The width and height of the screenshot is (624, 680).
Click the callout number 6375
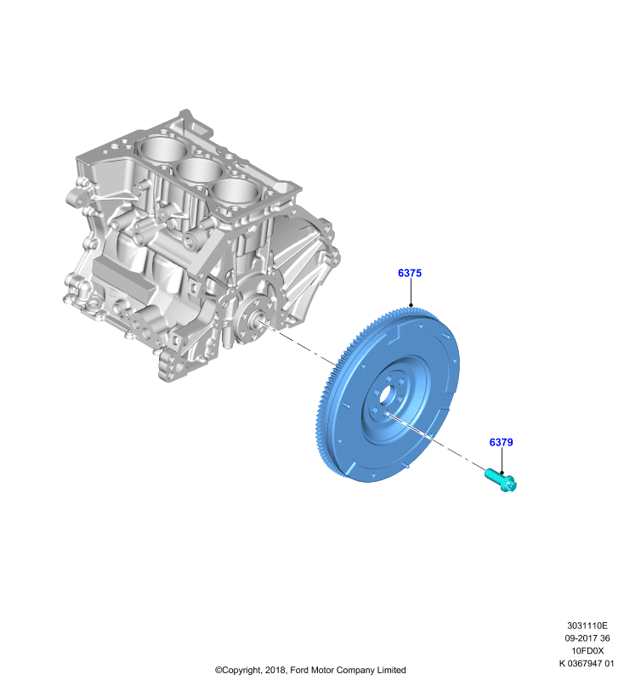click(410, 273)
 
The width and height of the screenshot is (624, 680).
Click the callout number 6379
click(501, 442)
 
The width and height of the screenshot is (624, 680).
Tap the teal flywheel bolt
click(501, 479)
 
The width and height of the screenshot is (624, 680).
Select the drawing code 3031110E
click(587, 626)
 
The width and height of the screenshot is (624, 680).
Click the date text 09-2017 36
click(587, 638)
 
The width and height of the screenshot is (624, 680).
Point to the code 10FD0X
click(587, 650)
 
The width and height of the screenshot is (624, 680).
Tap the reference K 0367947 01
click(587, 663)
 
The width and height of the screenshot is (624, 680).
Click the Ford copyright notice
click(310, 670)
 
